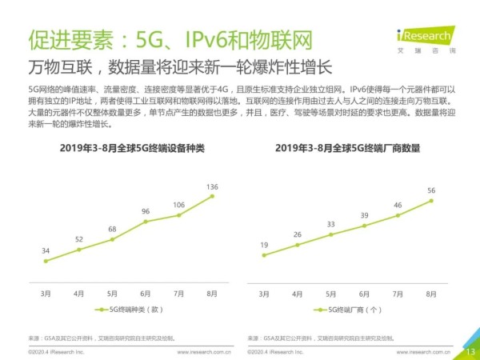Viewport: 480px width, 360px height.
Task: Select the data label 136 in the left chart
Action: click(x=213, y=187)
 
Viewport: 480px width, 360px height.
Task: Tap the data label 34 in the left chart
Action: click(x=46, y=250)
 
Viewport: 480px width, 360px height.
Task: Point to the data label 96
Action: click(x=146, y=211)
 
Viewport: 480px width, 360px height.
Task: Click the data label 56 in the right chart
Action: click(x=431, y=190)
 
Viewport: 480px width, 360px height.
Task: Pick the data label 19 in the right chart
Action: click(x=263, y=244)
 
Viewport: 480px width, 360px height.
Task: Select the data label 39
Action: click(x=364, y=215)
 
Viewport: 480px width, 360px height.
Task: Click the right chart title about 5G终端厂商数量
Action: click(x=348, y=149)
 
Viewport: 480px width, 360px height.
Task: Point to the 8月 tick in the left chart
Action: click(x=212, y=294)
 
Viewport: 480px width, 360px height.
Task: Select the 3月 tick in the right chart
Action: click(x=263, y=294)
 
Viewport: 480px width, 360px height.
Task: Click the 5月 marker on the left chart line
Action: click(x=112, y=238)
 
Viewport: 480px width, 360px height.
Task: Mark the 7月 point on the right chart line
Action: click(x=398, y=215)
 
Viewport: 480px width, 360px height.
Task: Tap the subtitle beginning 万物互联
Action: click(x=180, y=66)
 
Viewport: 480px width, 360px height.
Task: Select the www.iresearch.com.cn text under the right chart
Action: click(x=424, y=351)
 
